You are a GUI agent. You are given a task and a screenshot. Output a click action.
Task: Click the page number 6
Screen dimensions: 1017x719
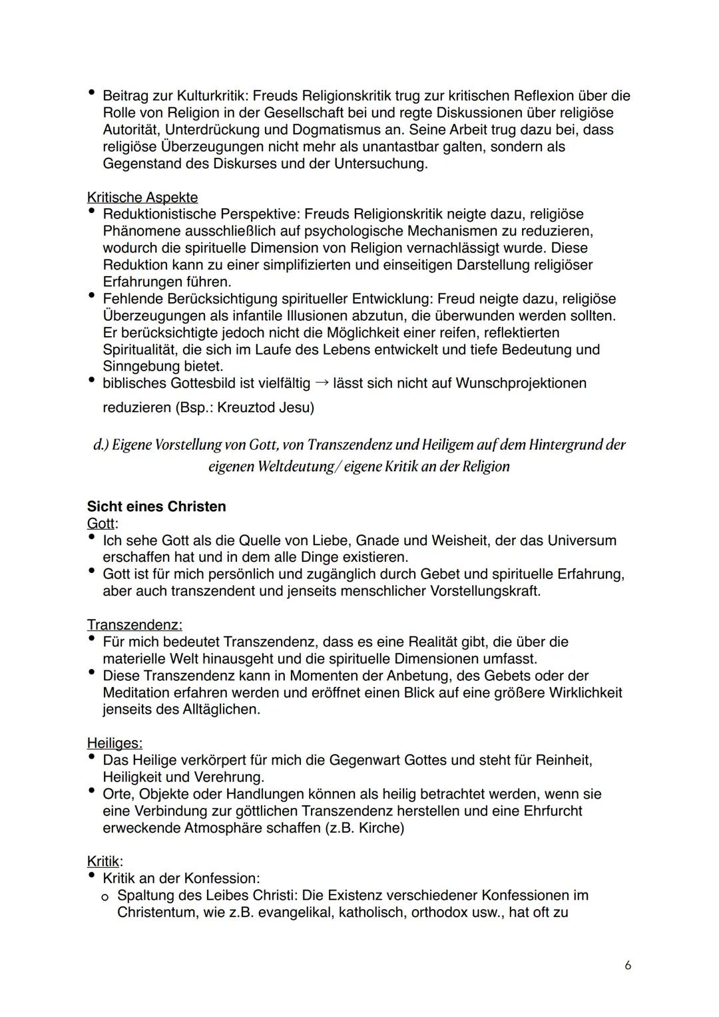click(628, 966)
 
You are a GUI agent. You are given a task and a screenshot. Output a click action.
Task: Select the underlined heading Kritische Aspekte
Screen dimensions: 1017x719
click(142, 198)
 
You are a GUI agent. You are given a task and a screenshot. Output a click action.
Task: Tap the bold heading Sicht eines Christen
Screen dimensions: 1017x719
click(156, 507)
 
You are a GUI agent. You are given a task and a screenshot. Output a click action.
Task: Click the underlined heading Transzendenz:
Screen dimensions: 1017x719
click(134, 625)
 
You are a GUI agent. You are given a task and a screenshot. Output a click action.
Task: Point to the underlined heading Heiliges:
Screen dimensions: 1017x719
click(115, 743)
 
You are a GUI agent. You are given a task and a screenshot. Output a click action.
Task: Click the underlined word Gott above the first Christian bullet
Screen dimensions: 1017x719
click(101, 524)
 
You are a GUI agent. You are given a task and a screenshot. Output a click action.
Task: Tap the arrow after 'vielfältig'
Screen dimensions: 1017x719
click(322, 383)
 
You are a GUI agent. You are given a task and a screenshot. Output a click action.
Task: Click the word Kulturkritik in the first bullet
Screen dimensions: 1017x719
click(204, 96)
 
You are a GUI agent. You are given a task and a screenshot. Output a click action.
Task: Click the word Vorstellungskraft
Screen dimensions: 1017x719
click(485, 591)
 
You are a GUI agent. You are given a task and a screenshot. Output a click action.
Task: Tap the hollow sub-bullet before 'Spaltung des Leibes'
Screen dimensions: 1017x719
click(105, 897)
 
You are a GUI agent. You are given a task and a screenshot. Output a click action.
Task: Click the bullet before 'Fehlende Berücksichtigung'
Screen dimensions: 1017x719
click(91, 298)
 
